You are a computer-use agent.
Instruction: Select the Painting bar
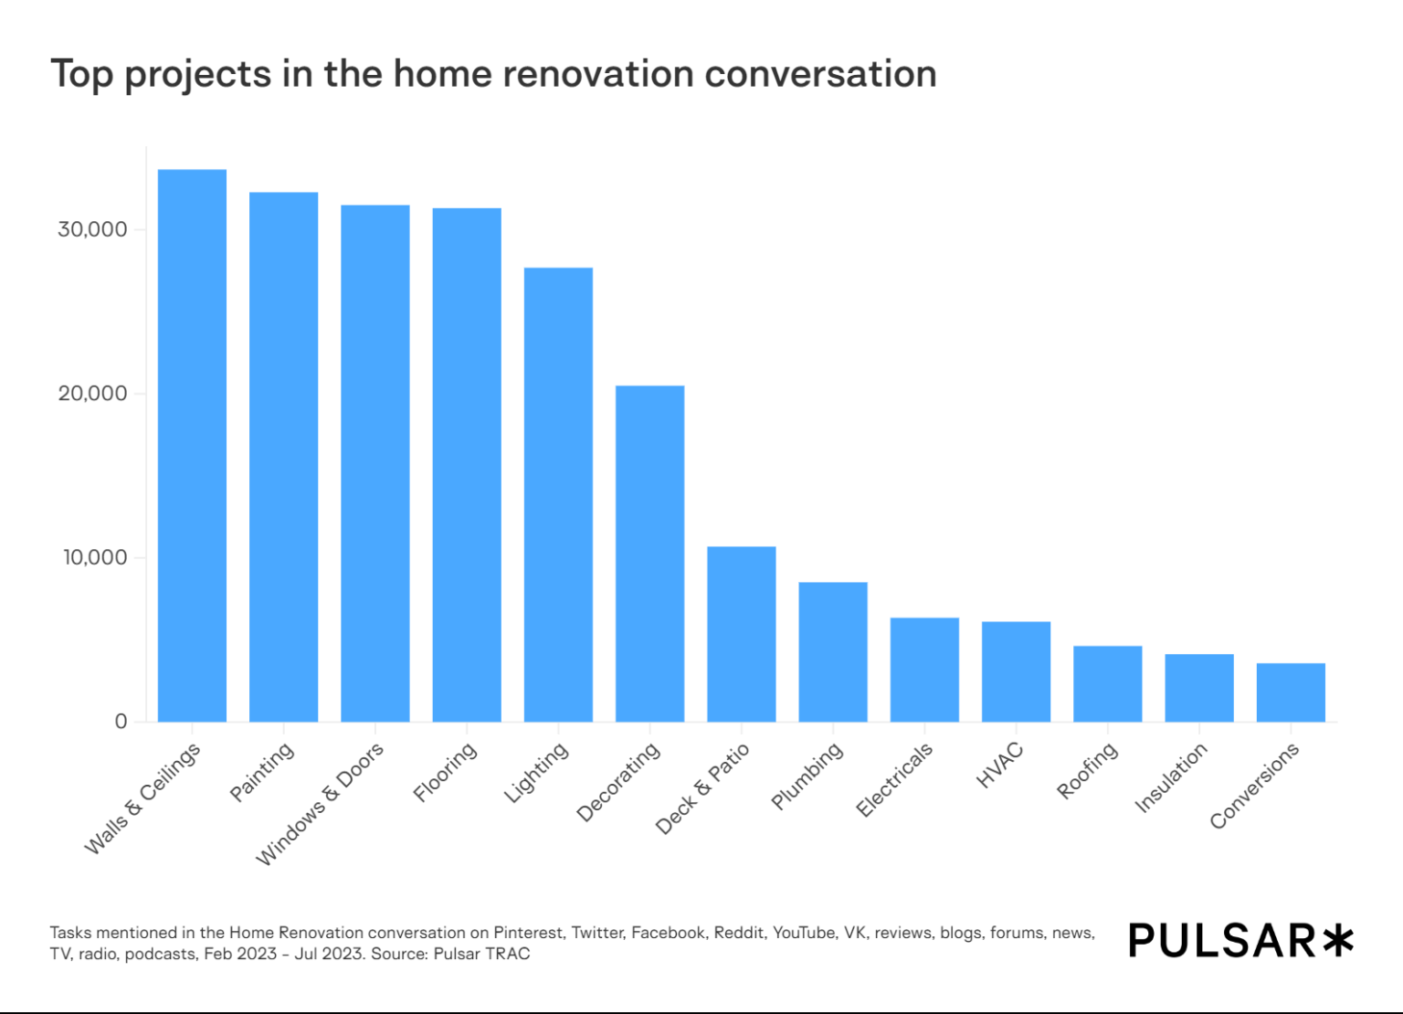click(284, 457)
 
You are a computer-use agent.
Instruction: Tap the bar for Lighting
click(558, 494)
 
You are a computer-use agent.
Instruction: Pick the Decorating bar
click(649, 554)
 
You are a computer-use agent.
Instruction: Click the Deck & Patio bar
click(742, 634)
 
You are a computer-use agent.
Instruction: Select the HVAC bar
click(1016, 671)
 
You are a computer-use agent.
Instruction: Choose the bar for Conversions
click(1291, 692)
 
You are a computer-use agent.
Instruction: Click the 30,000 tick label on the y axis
click(92, 229)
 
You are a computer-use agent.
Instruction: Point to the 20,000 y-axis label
click(92, 394)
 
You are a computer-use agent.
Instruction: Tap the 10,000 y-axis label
click(94, 557)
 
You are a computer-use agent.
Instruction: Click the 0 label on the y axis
click(121, 722)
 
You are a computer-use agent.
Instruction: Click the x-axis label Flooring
click(445, 772)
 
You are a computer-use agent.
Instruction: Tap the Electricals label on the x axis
click(894, 778)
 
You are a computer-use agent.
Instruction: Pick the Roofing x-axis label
click(1087, 770)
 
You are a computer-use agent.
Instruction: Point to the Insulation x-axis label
click(1171, 776)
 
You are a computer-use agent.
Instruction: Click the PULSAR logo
click(1240, 941)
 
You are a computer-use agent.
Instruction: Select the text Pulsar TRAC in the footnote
click(481, 954)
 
